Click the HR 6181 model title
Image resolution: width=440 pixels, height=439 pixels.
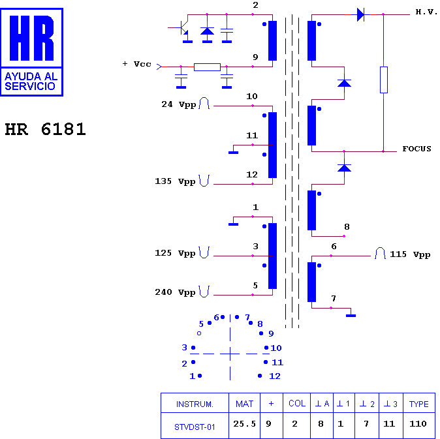pyautogui.click(x=45, y=129)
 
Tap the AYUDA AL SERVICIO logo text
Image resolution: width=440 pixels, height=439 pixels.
pyautogui.click(x=31, y=82)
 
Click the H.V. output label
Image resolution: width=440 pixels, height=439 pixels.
pyautogui.click(x=426, y=12)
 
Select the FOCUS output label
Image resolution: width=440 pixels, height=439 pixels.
pyautogui.click(x=416, y=149)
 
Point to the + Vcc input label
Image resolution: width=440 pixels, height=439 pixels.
pyautogui.click(x=136, y=64)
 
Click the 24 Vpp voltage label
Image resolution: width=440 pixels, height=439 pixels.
pyautogui.click(x=178, y=104)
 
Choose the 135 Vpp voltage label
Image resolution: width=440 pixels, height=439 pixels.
pyautogui.click(x=175, y=181)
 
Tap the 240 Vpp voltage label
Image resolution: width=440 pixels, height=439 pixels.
pyautogui.click(x=175, y=292)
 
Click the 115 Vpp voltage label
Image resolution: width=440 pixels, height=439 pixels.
pyautogui.click(x=410, y=254)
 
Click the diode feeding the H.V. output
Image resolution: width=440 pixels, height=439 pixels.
pyautogui.click(x=360, y=14)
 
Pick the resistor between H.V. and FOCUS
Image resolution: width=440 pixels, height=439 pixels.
pyautogui.click(x=384, y=80)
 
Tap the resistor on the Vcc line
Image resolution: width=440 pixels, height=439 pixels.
pyautogui.click(x=207, y=67)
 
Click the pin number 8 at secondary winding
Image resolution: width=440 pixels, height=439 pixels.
pyautogui.click(x=347, y=227)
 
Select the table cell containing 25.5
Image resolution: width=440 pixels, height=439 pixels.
pyautogui.click(x=244, y=423)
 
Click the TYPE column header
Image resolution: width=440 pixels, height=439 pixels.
pyautogui.click(x=418, y=404)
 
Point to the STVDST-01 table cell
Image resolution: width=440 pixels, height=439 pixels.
pyautogui.click(x=195, y=427)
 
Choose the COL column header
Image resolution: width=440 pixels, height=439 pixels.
pyautogui.click(x=297, y=403)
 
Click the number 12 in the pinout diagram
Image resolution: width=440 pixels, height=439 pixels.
pyautogui.click(x=275, y=376)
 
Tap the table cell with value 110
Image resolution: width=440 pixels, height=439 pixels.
pyautogui.click(x=418, y=423)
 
